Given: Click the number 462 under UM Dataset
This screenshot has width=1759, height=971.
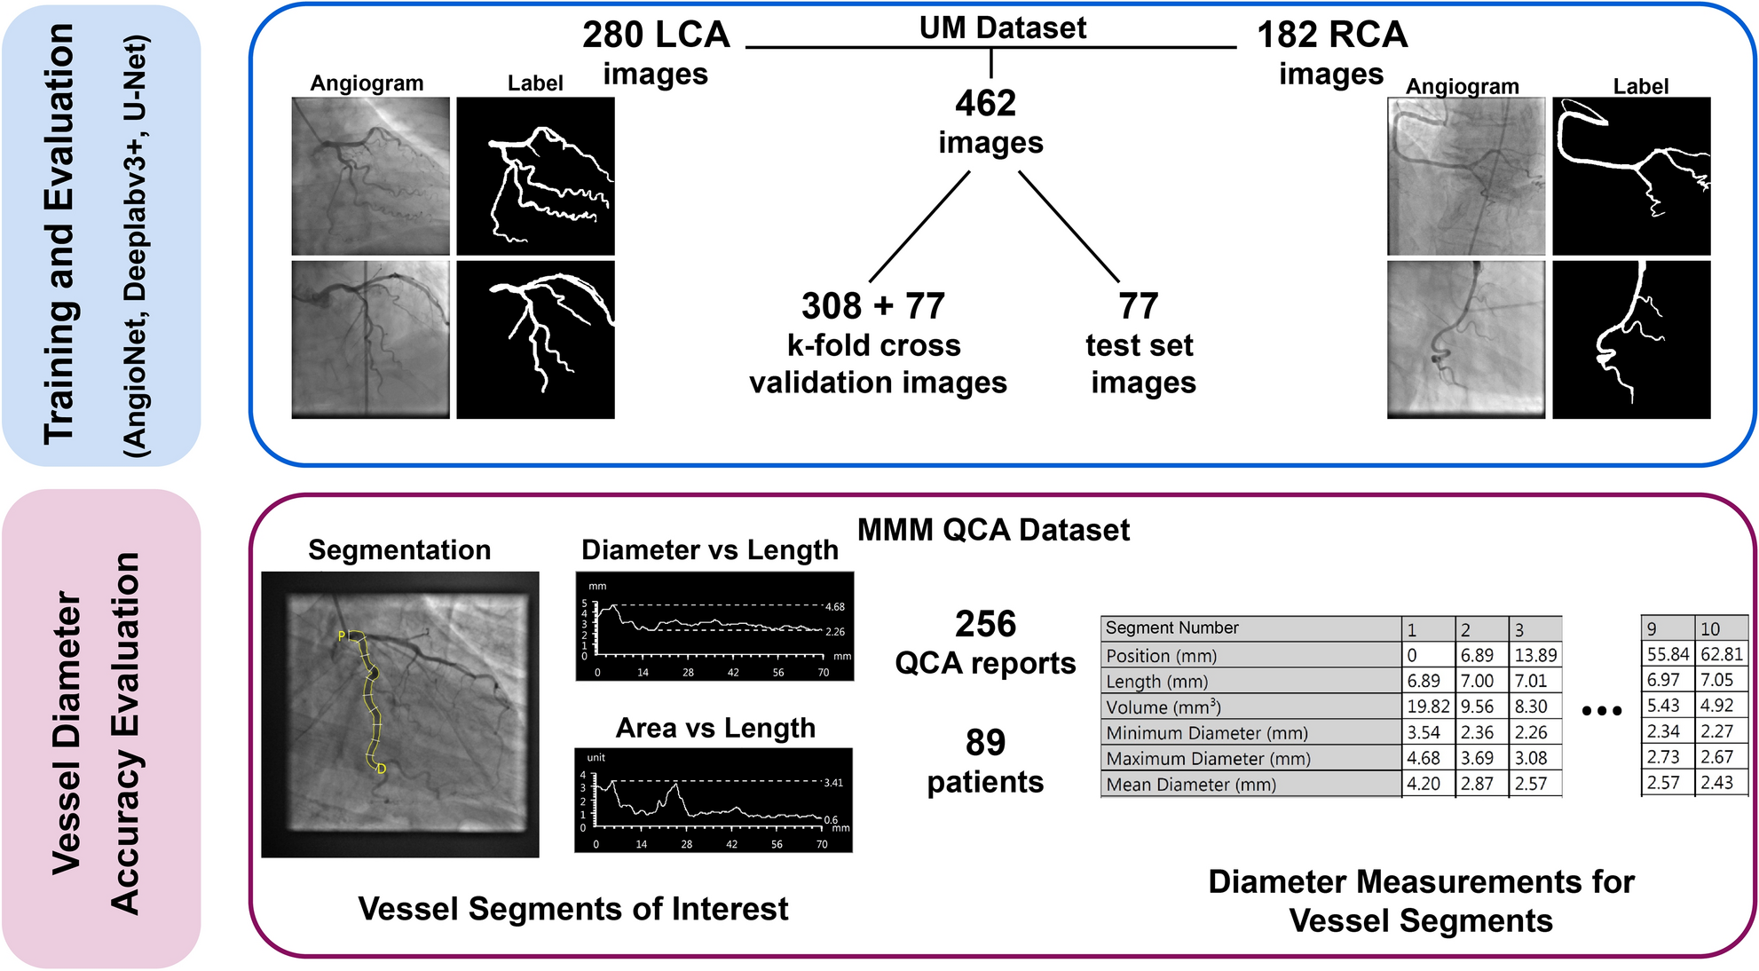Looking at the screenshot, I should coord(985,104).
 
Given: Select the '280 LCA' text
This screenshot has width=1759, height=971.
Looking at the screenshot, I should coord(656,36).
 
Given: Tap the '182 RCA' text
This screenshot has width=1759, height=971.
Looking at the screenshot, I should coord(1331,36).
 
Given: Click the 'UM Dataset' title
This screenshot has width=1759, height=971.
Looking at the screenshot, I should coord(1002,28).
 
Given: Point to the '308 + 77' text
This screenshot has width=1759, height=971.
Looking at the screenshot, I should coord(873,306).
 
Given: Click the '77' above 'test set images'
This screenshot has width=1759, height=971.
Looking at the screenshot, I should coord(1139,306).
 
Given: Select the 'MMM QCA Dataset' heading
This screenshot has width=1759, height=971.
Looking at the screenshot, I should coord(993,530).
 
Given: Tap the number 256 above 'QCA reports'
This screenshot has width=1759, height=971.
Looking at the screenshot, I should coord(985,624).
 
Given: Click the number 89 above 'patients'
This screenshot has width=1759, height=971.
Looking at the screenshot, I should coord(985,742).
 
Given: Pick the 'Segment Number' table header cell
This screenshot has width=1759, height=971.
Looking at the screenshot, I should coord(1171,628).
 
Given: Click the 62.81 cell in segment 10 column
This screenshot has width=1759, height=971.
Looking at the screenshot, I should coord(1722,654).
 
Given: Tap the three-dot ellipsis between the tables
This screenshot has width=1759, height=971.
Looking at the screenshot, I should coord(1602,710).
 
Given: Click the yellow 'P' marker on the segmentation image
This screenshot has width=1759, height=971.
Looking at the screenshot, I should coord(342,635).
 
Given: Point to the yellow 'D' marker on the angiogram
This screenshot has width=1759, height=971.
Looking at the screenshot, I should coord(382,769).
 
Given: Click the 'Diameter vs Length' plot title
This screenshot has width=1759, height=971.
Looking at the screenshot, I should coord(709,550).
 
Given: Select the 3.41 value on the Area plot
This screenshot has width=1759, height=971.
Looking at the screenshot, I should coord(832,783).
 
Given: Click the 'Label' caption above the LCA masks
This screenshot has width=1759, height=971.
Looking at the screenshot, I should coord(535,83).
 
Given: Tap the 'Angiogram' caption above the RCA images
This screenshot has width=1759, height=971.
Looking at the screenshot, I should coord(1462,87).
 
